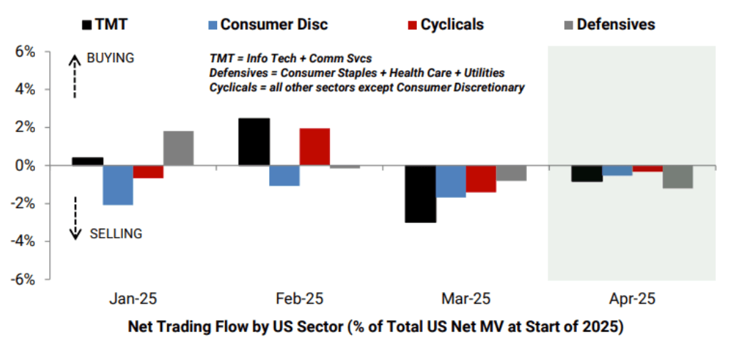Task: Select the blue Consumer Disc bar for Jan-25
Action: click(x=117, y=185)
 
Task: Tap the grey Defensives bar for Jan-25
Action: click(x=179, y=149)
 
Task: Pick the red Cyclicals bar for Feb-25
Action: click(x=315, y=147)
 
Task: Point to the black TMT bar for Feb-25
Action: click(x=254, y=142)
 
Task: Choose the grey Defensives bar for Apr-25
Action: click(x=678, y=177)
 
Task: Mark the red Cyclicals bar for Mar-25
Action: click(x=481, y=179)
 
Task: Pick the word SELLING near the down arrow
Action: click(x=116, y=234)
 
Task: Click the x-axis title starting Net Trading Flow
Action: click(x=376, y=328)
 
